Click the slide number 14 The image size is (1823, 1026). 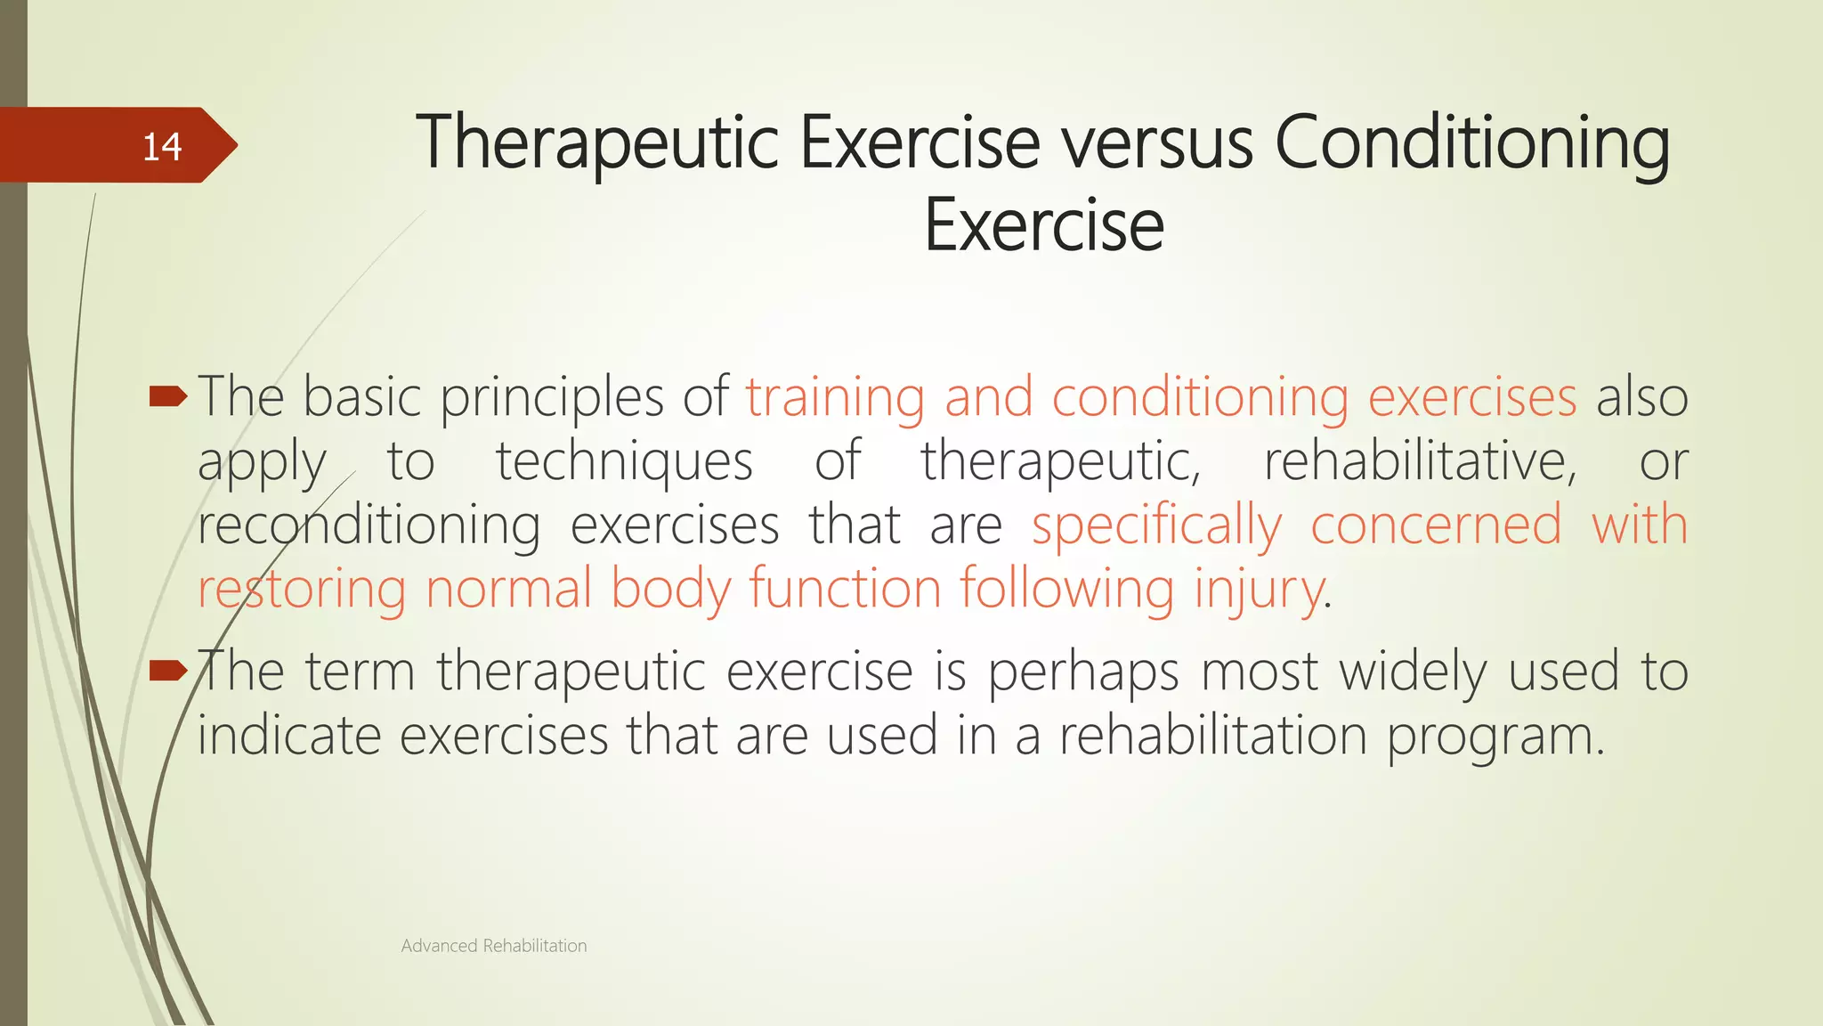coord(162,147)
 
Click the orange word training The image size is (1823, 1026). coord(835,397)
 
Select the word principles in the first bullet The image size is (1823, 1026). coord(552,397)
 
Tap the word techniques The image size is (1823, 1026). coord(624,461)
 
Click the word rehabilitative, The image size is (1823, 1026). coord(1420,461)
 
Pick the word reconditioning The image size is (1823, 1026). coord(369,525)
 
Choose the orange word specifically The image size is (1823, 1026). coord(1156,525)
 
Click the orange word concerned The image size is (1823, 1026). coord(1436,525)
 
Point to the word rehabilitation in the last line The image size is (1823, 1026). coord(1212,736)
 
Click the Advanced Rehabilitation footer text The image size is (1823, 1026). coord(494,946)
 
